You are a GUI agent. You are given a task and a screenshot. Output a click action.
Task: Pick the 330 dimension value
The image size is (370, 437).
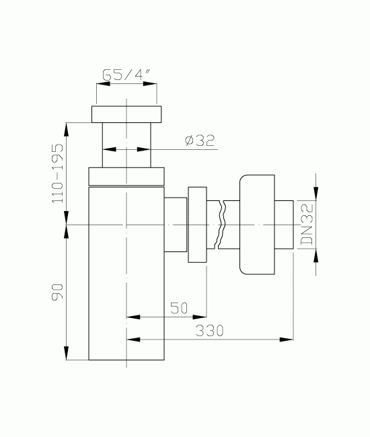[209, 331]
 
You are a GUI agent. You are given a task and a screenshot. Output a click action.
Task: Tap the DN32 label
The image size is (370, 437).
[306, 224]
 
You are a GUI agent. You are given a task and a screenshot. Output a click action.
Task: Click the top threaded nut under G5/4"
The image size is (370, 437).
[128, 114]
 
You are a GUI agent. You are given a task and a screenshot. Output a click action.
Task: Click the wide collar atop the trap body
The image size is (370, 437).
[126, 176]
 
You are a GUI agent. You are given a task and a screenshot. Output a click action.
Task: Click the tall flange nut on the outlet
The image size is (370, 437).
[198, 225]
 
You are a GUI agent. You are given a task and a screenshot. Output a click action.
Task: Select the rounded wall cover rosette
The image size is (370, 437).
[256, 225]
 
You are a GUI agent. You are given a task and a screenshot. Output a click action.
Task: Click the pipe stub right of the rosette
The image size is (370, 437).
[285, 225]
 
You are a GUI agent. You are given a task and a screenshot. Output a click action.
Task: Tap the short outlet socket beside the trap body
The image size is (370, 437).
[176, 225]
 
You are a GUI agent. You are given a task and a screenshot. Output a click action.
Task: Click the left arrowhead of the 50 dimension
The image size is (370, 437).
[131, 315]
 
